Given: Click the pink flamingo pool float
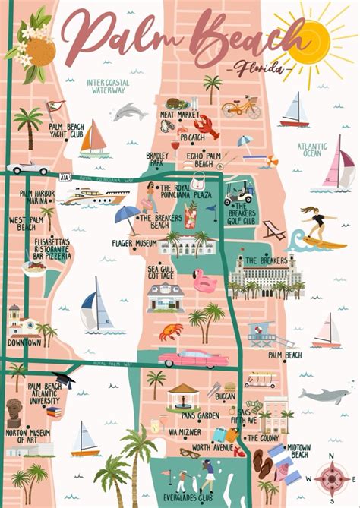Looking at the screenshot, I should coord(204,281).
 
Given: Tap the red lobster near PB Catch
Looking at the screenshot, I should coord(204,125).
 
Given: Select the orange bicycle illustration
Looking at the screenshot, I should coord(241,107).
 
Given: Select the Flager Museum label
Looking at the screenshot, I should coord(135,244).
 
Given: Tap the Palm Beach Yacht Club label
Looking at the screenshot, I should coord(66,131).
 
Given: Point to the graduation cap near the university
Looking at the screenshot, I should coord(64,380).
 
